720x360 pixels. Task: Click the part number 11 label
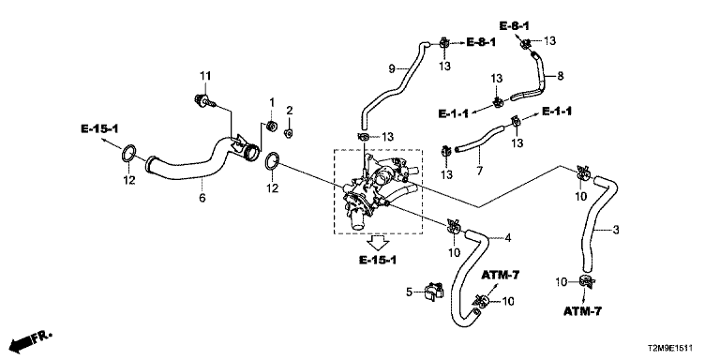205,75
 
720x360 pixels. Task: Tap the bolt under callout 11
203,100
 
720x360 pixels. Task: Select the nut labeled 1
271,126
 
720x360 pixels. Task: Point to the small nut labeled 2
289,133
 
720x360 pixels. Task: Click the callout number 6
202,198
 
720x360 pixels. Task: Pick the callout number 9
392,68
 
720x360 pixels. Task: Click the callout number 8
561,76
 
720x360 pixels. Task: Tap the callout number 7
480,172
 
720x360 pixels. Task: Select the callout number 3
616,230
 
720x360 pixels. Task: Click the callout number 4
507,238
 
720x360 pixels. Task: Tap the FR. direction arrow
31,340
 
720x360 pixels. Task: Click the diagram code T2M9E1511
670,349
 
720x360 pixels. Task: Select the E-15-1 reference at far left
99,128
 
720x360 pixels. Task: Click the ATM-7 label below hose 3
582,311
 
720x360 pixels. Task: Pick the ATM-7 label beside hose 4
500,275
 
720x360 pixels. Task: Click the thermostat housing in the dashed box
377,189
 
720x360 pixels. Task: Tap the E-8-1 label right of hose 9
481,42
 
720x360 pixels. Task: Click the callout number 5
410,292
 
